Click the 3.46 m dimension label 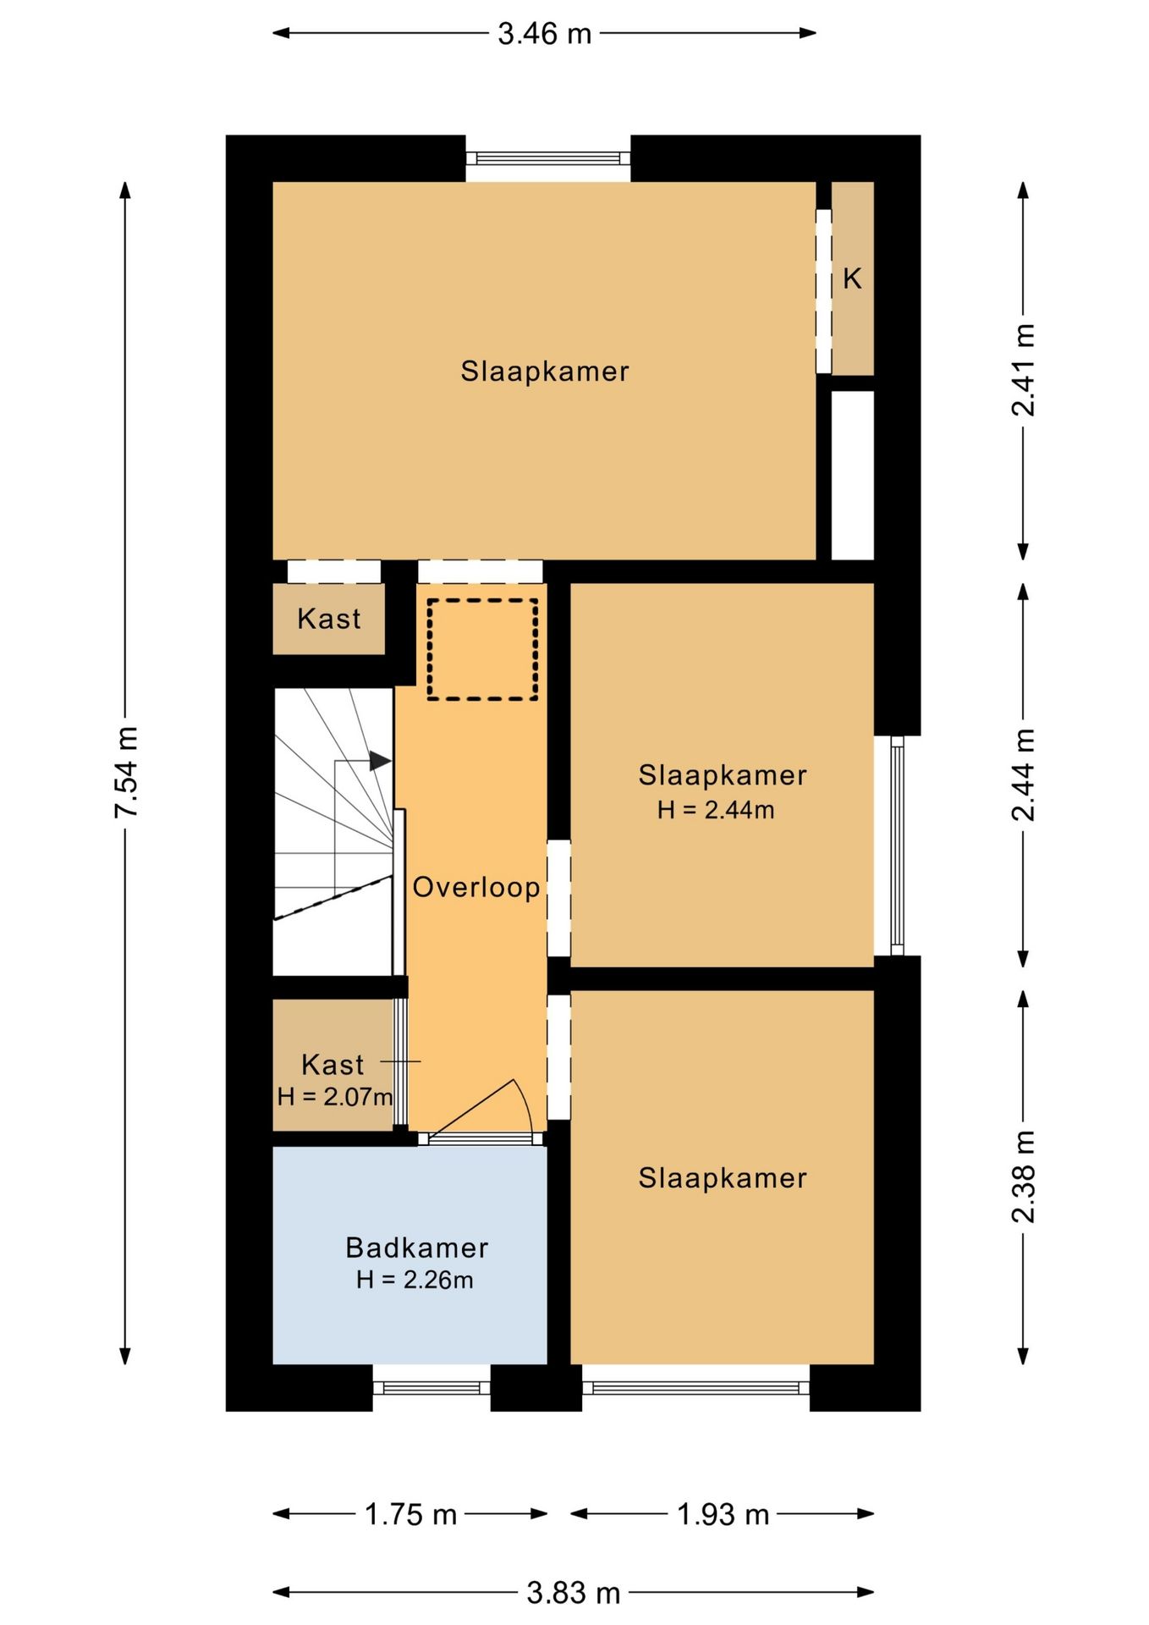544,34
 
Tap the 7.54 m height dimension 126,772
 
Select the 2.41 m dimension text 1023,370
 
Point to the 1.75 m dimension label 410,1514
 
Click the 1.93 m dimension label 723,1514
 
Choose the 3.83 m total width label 574,1593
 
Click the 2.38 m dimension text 1023,1176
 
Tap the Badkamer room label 417,1248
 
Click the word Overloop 476,887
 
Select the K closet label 852,278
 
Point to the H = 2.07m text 335,1097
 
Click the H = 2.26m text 415,1280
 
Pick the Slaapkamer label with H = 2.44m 723,775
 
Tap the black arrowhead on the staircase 380,761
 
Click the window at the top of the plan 548,158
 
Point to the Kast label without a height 328,619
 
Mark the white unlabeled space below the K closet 853,475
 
